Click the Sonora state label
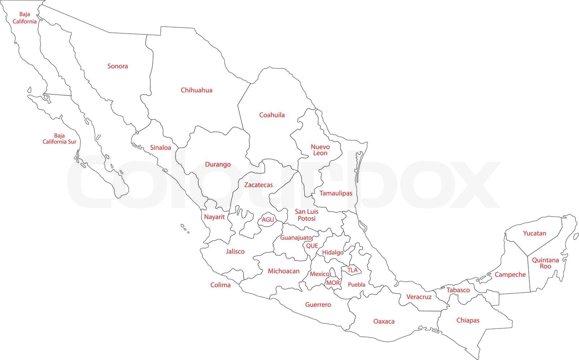(x=118, y=66)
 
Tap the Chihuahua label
(x=196, y=90)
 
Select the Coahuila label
(x=272, y=115)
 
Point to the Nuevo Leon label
(x=320, y=150)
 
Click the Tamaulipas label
(x=336, y=193)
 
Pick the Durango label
(x=218, y=164)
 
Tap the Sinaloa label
(x=161, y=148)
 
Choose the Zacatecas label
(x=258, y=185)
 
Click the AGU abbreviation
(x=268, y=220)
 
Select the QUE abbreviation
(x=312, y=246)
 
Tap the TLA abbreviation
(x=352, y=270)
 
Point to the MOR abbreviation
(x=333, y=283)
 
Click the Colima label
(x=220, y=285)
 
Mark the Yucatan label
(x=534, y=233)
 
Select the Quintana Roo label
(x=545, y=263)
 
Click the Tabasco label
(x=458, y=290)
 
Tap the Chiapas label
(x=468, y=321)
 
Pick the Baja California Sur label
(x=59, y=139)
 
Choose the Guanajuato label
(x=296, y=238)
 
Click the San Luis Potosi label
(x=307, y=215)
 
